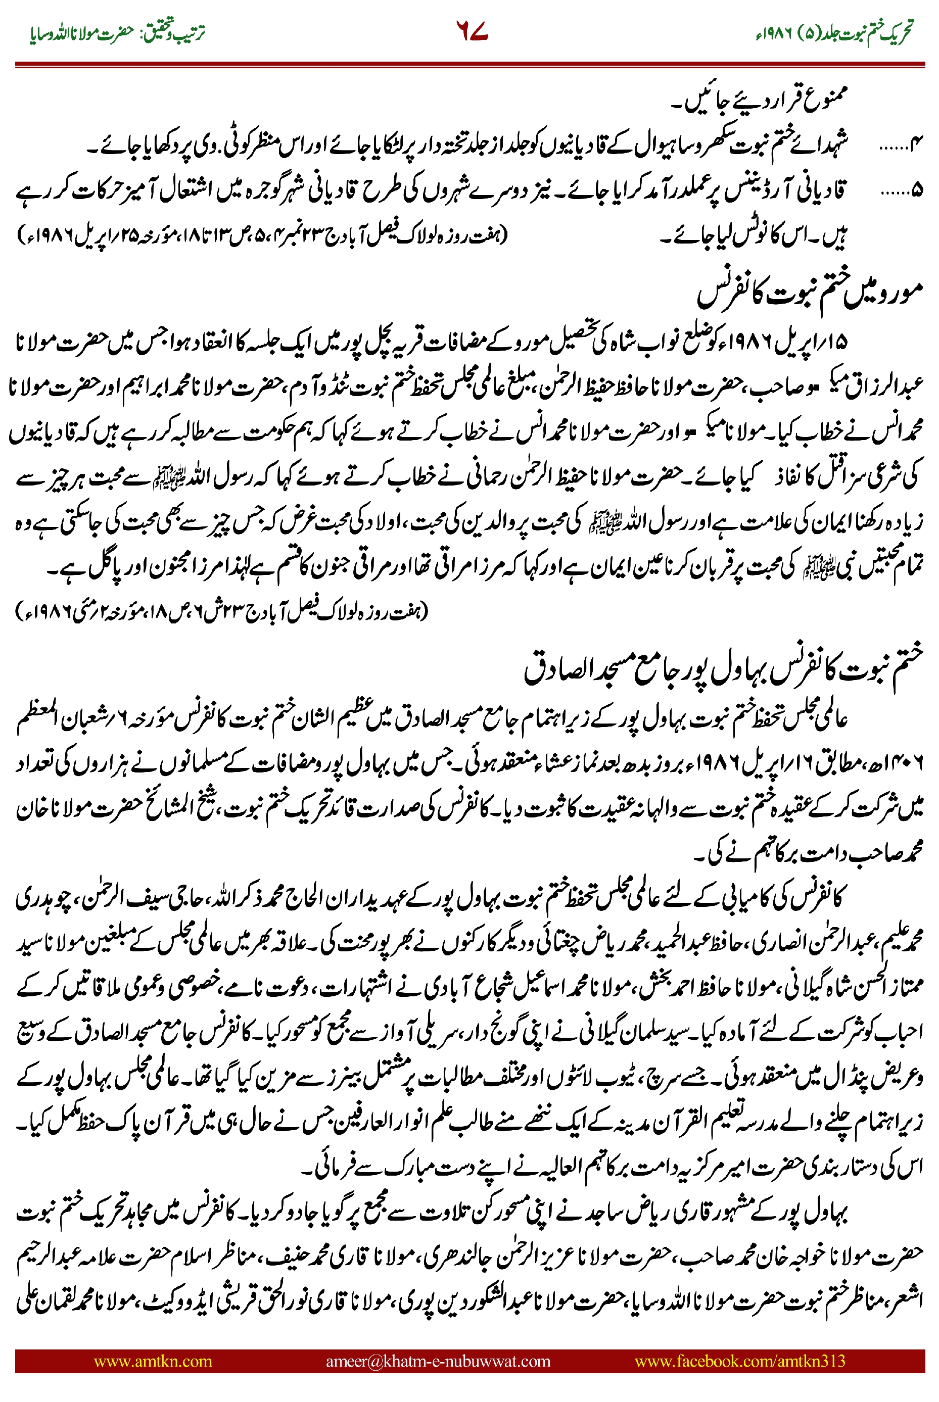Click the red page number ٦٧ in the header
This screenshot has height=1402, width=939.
[472, 31]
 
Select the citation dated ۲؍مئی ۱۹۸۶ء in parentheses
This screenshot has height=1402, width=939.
[221, 611]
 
